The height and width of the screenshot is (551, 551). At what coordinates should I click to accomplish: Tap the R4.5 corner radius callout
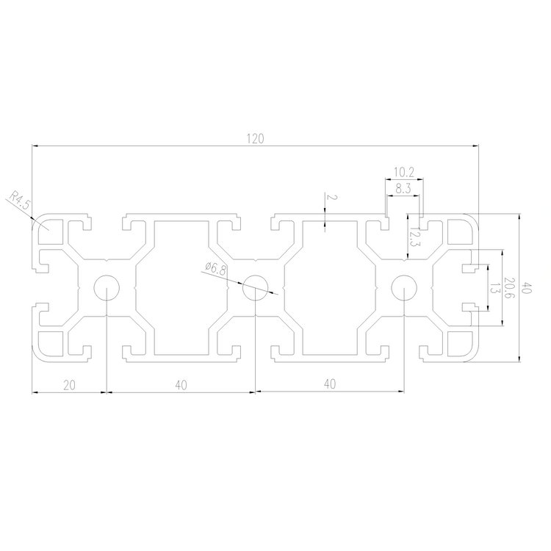(x=20, y=201)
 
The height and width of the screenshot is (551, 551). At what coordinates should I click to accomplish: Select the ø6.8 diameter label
(x=216, y=269)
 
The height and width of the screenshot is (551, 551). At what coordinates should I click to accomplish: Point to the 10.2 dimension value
(x=403, y=173)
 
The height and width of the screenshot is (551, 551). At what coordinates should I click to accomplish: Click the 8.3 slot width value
(x=403, y=188)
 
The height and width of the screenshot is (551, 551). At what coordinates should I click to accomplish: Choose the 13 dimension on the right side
(x=494, y=287)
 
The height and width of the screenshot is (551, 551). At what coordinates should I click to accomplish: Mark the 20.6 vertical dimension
(x=508, y=287)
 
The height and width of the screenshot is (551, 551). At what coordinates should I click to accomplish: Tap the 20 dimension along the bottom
(x=69, y=383)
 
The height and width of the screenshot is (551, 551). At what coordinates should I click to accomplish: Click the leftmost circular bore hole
(x=107, y=288)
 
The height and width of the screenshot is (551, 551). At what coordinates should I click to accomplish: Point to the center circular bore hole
(x=255, y=288)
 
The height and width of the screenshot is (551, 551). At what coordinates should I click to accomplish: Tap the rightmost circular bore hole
(x=403, y=288)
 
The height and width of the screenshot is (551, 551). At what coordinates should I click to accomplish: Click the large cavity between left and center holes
(x=181, y=288)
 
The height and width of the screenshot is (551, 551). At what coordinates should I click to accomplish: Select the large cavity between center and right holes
(x=329, y=288)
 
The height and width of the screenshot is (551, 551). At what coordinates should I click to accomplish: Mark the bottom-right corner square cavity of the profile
(x=460, y=346)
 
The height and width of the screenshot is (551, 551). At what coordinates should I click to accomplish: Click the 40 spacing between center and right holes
(x=329, y=383)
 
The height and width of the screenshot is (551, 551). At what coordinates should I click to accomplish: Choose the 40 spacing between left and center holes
(x=181, y=383)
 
